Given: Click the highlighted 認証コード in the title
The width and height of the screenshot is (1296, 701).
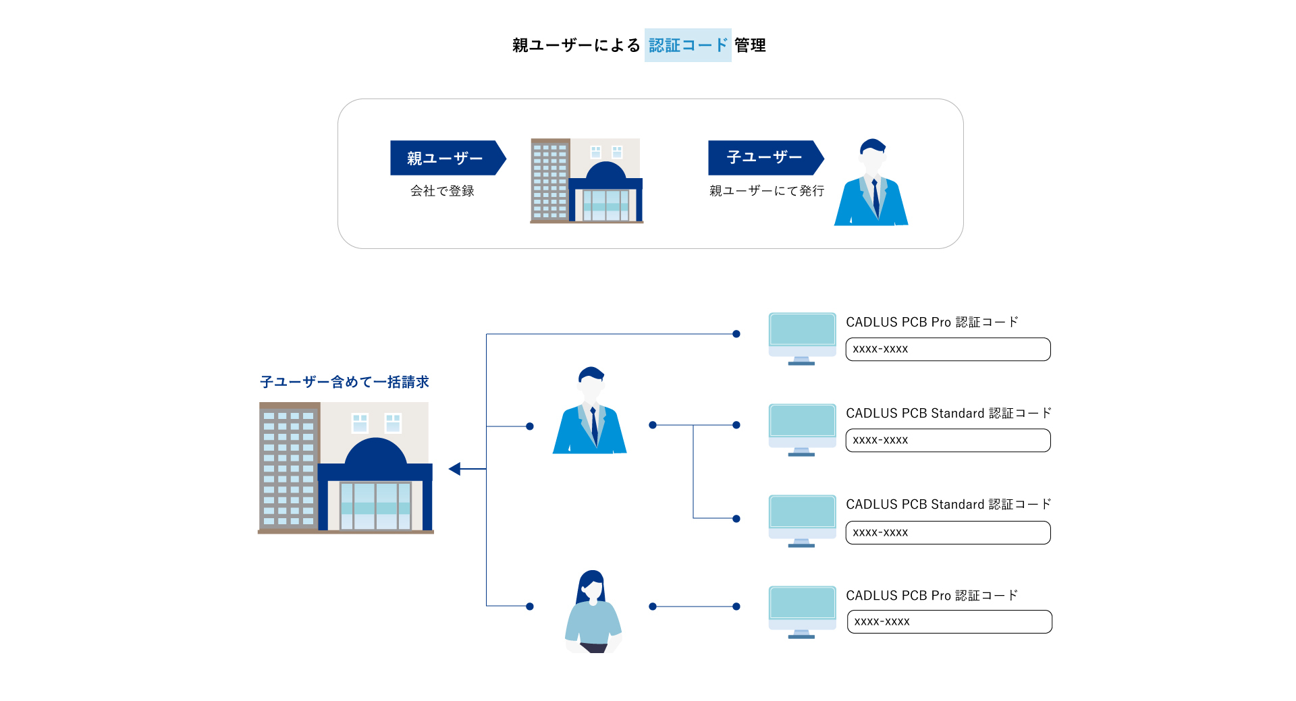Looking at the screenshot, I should click(x=688, y=45).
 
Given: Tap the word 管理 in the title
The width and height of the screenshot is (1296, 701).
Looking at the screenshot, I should click(x=750, y=45).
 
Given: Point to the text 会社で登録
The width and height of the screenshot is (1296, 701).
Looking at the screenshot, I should click(x=442, y=191).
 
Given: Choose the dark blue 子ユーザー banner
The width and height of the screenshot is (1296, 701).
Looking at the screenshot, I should click(x=764, y=157).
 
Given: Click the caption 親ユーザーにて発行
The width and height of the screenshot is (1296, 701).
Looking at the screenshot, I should click(x=766, y=191).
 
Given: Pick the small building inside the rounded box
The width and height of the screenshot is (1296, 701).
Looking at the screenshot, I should click(x=586, y=181).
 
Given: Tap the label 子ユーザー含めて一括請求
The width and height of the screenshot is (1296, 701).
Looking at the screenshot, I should click(x=344, y=382).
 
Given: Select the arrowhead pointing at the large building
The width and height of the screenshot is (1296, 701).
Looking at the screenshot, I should click(x=456, y=469).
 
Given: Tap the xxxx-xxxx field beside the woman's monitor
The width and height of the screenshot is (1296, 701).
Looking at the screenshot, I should click(x=949, y=621).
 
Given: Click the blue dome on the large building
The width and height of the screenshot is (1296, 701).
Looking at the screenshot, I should click(x=375, y=452).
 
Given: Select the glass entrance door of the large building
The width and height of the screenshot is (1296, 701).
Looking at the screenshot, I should click(x=375, y=506).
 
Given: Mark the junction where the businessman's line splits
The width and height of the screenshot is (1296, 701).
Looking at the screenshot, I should click(x=693, y=425).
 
